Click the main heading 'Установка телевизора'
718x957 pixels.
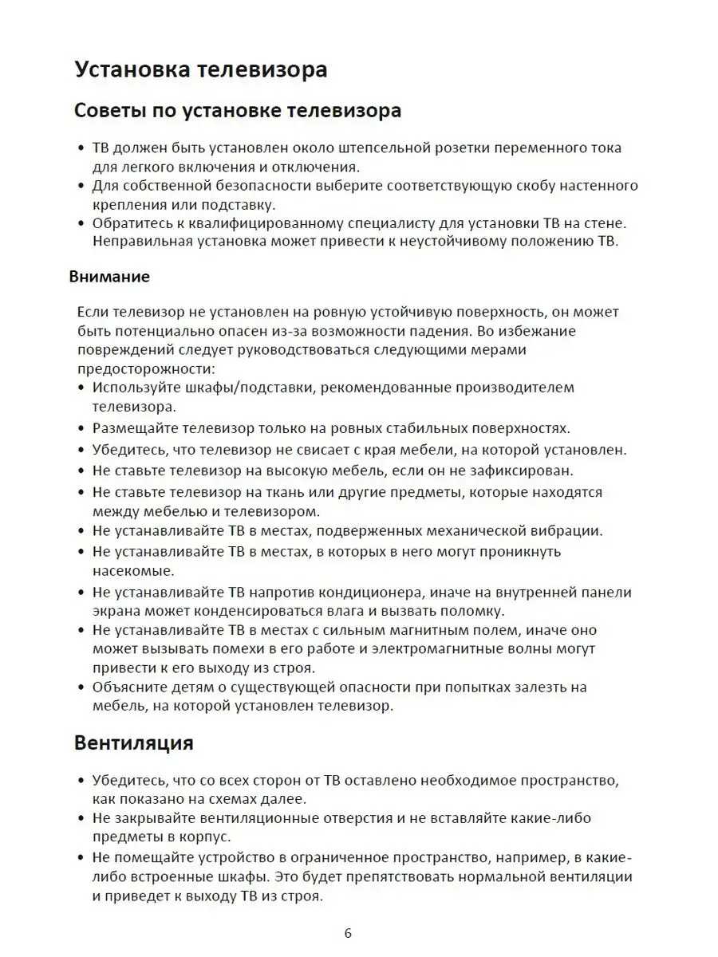201,69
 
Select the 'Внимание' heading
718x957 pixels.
109,277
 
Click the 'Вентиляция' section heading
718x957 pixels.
133,742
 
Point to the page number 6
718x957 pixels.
348,933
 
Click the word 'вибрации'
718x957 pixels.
572,530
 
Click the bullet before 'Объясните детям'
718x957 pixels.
81,687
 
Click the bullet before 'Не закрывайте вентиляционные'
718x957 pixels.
81,818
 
